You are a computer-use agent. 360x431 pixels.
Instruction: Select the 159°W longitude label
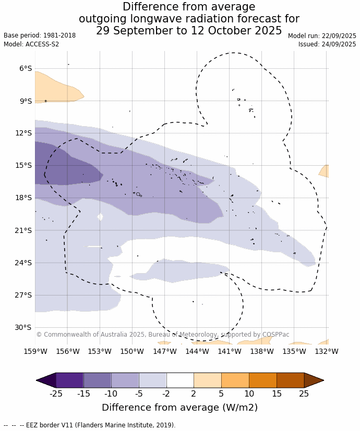[35, 351]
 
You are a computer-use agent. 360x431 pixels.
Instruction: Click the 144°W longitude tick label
[197, 351]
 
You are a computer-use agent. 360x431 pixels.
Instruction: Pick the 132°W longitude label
[327, 351]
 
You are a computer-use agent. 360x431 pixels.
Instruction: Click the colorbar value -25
[56, 393]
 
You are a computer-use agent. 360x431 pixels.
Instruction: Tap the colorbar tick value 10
[249, 393]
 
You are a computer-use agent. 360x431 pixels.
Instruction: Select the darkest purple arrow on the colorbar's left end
[46, 380]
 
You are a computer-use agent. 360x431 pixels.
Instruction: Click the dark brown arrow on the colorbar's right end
[314, 380]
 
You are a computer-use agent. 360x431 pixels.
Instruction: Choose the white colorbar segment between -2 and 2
[180, 380]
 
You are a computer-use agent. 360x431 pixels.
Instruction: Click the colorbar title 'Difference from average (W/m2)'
[179, 408]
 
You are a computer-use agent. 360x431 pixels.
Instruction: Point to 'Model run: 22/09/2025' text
[322, 36]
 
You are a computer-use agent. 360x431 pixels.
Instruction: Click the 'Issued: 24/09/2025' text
[327, 44]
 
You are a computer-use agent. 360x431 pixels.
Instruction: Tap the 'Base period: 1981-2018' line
[40, 35]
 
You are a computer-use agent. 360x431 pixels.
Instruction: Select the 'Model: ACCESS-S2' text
[31, 44]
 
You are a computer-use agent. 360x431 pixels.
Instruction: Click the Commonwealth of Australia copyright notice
[162, 335]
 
